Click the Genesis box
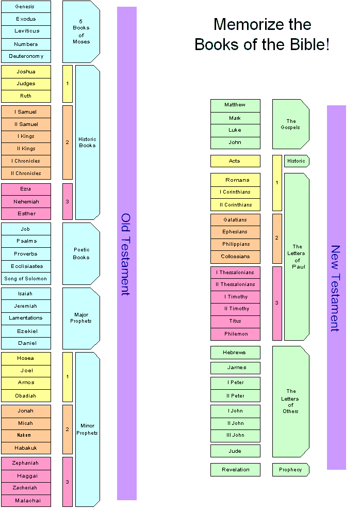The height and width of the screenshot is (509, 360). click(26, 7)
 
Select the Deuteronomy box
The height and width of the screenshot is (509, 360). click(26, 56)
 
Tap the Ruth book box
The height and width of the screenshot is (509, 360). click(26, 96)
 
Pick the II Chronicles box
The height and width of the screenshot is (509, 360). click(26, 173)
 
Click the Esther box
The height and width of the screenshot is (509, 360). click(26, 214)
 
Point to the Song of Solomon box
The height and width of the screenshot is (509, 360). click(26, 279)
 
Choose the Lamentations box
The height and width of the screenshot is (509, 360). click(26, 318)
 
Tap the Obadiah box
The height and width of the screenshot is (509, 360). click(26, 396)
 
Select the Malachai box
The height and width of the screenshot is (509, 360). click(26, 500)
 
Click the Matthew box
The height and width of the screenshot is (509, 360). click(235, 105)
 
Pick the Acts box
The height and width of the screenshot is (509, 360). click(235, 161)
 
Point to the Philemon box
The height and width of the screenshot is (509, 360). click(235, 334)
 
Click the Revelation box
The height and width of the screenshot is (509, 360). click(235, 470)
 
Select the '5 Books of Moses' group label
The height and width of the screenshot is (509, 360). click(81, 31)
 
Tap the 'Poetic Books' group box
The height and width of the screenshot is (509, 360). click(81, 253)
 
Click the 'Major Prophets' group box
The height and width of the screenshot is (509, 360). click(81, 318)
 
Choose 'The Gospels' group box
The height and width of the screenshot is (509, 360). click(290, 124)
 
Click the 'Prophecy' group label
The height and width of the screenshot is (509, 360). click(290, 470)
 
